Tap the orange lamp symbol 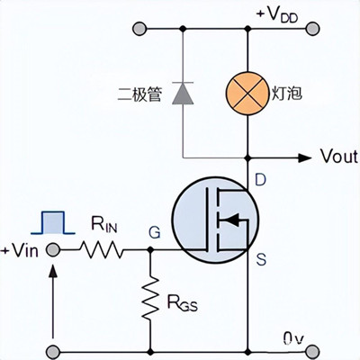[247, 93]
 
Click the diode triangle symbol [183, 93]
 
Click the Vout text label [338, 157]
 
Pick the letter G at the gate [154, 233]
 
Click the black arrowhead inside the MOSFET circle [230, 219]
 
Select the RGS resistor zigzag [149, 301]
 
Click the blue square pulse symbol [52, 221]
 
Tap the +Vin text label [21, 250]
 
